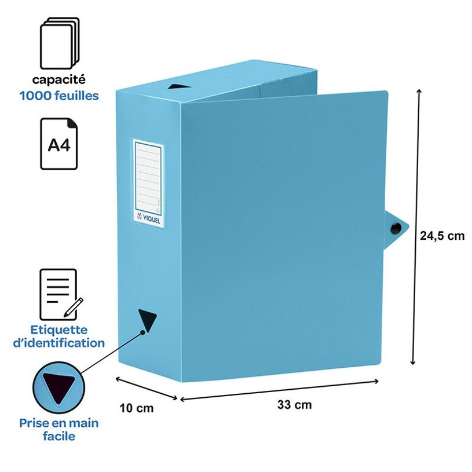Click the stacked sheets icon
tap(58, 43)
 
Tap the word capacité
tap(58, 81)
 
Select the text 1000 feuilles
tap(58, 96)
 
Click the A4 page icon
tap(58, 144)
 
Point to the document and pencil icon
tap(60, 293)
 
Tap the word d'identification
tap(63, 343)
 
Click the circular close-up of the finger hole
tap(58, 387)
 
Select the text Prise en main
tap(58, 423)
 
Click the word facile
tap(58, 436)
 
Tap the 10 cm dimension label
tap(137, 408)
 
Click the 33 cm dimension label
tap(294, 405)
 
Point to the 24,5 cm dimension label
tap(442, 236)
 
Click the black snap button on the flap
tap(397, 228)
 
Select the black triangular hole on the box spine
tap(147, 319)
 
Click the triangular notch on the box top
tap(175, 87)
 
